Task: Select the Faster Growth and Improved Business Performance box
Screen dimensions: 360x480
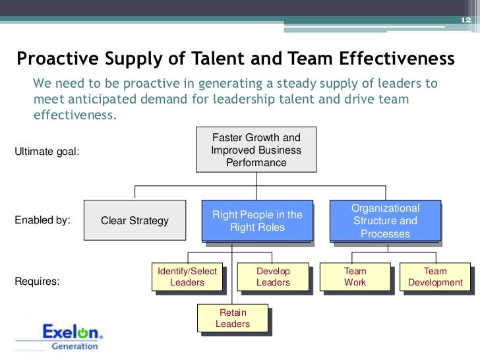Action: (256, 150)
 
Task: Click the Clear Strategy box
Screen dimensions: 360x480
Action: (135, 221)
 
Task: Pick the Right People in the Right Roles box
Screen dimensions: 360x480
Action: (257, 221)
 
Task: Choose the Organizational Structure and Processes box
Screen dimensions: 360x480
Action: (384, 221)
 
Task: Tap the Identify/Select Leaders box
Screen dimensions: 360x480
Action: (187, 277)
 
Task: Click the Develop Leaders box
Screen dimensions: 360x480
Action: (273, 277)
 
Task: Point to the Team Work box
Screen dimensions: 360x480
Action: (355, 277)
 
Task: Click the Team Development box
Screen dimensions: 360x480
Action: (435, 277)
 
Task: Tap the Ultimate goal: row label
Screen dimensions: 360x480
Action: (47, 152)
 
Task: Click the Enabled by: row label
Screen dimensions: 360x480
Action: (42, 220)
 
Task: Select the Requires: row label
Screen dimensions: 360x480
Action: (37, 282)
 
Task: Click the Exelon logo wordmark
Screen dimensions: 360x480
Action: (73, 332)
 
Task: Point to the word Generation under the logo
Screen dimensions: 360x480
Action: (75, 346)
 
